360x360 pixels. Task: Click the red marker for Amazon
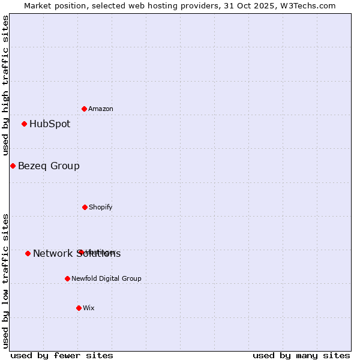click(85, 109)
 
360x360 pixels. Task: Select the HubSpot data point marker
click(25, 124)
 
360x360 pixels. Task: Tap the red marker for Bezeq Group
click(13, 166)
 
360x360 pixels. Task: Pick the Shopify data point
click(85, 207)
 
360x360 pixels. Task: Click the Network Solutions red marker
click(28, 253)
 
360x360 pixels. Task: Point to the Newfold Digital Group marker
click(67, 278)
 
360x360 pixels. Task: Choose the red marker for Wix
click(79, 308)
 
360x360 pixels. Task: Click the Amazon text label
click(101, 109)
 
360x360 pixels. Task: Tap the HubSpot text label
click(50, 124)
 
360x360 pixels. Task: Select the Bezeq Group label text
click(49, 166)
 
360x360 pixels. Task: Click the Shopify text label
click(101, 207)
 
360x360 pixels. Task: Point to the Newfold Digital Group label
click(106, 278)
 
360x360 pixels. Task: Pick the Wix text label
click(89, 308)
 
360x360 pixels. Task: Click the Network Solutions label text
click(77, 254)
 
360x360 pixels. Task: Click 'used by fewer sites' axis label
click(62, 355)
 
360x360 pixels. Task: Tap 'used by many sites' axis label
click(301, 355)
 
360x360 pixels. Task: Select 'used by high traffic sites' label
click(5, 86)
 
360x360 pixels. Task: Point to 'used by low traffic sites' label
click(5, 280)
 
